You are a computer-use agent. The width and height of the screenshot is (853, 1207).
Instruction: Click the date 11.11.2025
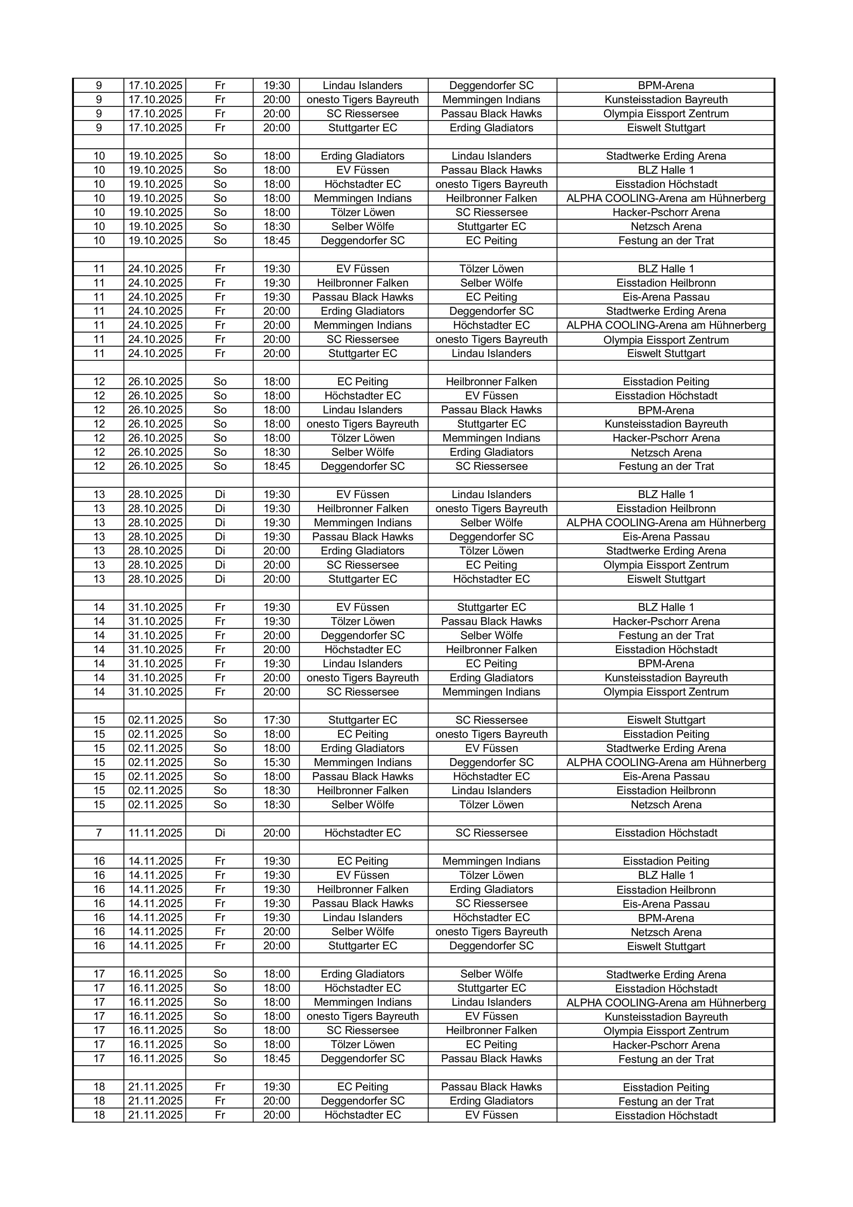point(155,833)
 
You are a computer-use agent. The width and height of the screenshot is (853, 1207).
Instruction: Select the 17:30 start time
point(276,720)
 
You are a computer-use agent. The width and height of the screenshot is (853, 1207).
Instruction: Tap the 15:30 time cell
point(276,762)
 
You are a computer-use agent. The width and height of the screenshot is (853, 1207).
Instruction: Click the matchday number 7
point(99,833)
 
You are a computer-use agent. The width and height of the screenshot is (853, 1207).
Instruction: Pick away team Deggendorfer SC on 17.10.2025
point(491,86)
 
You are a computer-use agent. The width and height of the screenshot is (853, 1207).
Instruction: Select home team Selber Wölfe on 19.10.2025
point(363,227)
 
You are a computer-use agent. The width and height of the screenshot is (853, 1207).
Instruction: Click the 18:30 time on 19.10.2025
point(276,227)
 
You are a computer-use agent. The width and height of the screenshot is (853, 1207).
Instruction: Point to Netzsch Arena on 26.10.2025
point(666,452)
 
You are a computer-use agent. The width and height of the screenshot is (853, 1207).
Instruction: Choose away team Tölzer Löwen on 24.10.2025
point(491,269)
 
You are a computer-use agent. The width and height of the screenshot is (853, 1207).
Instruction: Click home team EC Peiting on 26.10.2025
point(363,382)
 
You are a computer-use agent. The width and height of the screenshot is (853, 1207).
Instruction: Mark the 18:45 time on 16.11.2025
point(276,1059)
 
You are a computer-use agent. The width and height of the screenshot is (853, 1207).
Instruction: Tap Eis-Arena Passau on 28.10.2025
point(666,537)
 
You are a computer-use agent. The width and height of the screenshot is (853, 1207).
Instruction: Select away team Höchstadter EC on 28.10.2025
point(491,579)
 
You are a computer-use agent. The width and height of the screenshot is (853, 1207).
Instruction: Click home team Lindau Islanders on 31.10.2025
point(363,664)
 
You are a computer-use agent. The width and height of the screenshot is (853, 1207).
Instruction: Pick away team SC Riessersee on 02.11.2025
point(491,720)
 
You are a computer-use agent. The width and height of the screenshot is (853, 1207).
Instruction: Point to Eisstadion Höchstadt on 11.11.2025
point(666,833)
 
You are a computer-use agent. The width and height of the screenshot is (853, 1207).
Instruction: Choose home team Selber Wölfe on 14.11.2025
point(363,931)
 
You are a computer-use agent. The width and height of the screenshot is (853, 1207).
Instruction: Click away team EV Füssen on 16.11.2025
point(491,1016)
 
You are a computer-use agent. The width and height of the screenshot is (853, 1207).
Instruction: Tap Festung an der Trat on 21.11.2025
point(666,1101)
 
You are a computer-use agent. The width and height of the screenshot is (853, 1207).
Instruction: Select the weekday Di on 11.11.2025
point(220,833)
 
